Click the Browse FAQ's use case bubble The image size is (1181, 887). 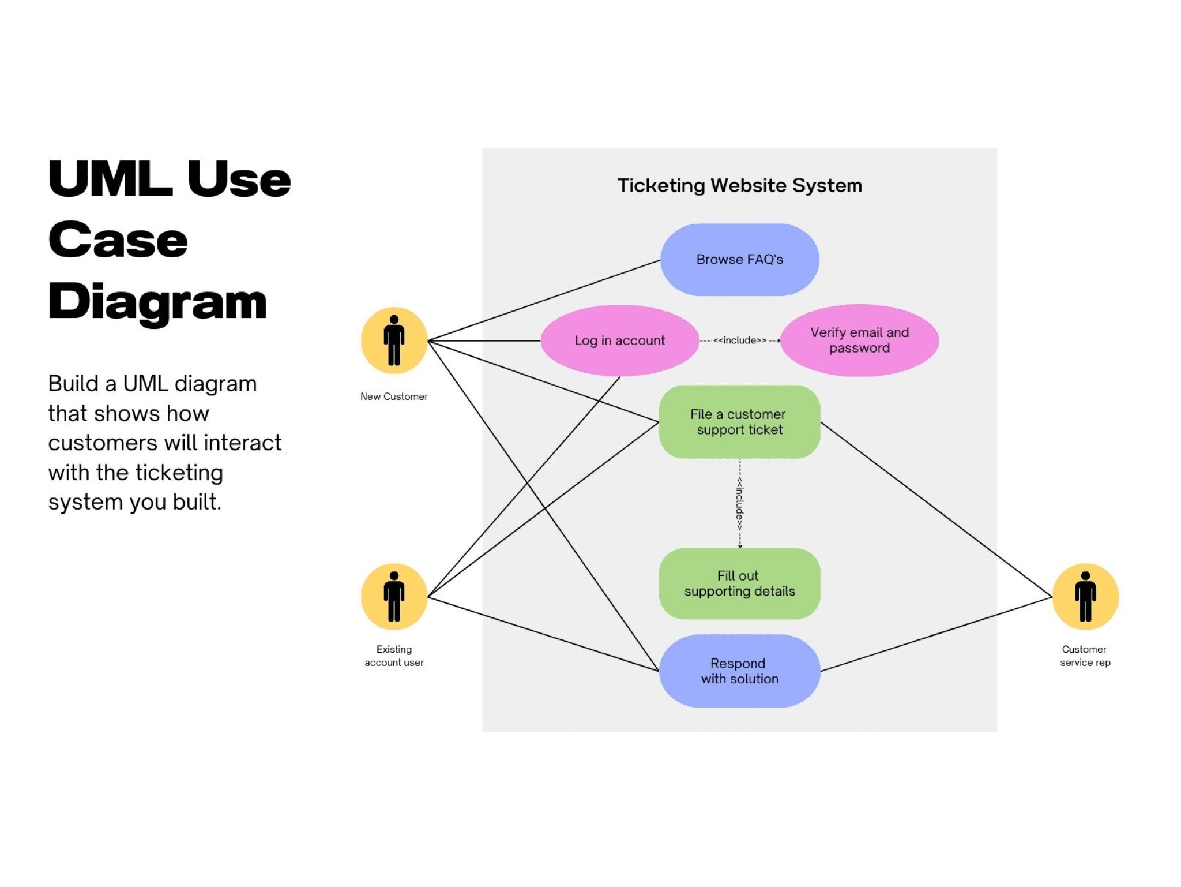coord(739,260)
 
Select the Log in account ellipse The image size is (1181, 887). coord(619,340)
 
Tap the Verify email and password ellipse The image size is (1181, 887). coord(859,340)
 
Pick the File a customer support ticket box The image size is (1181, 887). coord(739,422)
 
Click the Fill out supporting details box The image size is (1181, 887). coord(739,583)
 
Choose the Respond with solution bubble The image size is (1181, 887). coord(739,671)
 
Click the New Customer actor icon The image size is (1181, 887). coord(394,340)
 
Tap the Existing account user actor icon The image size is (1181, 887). coord(394,596)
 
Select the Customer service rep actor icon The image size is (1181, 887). coord(1085,596)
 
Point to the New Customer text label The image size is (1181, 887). coord(394,396)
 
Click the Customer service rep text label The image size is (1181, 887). coord(1085,656)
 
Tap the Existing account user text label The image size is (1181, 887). coord(394,656)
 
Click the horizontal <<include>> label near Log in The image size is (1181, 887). coord(739,340)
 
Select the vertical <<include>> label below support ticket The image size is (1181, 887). coord(739,503)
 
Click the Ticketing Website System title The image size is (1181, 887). coord(739,185)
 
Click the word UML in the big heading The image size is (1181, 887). coord(110,179)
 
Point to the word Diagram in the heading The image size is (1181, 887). coord(157,302)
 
